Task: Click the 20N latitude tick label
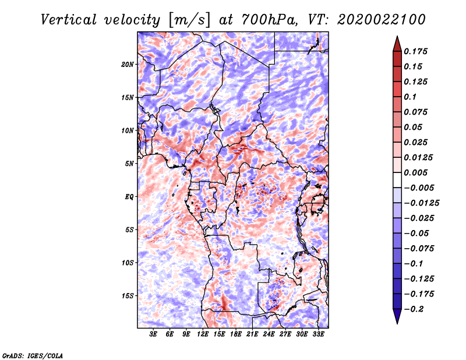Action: [x=128, y=64]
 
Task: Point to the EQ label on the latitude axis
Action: [x=130, y=196]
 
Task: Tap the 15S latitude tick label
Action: [x=128, y=295]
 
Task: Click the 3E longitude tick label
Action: [x=154, y=334]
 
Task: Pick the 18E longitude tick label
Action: [x=236, y=334]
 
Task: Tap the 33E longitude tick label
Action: [x=318, y=334]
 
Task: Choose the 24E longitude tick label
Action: [x=269, y=334]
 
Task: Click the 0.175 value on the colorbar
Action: [x=416, y=51]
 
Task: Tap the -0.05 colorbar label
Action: [x=416, y=233]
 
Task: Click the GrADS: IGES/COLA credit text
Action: [x=33, y=355]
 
